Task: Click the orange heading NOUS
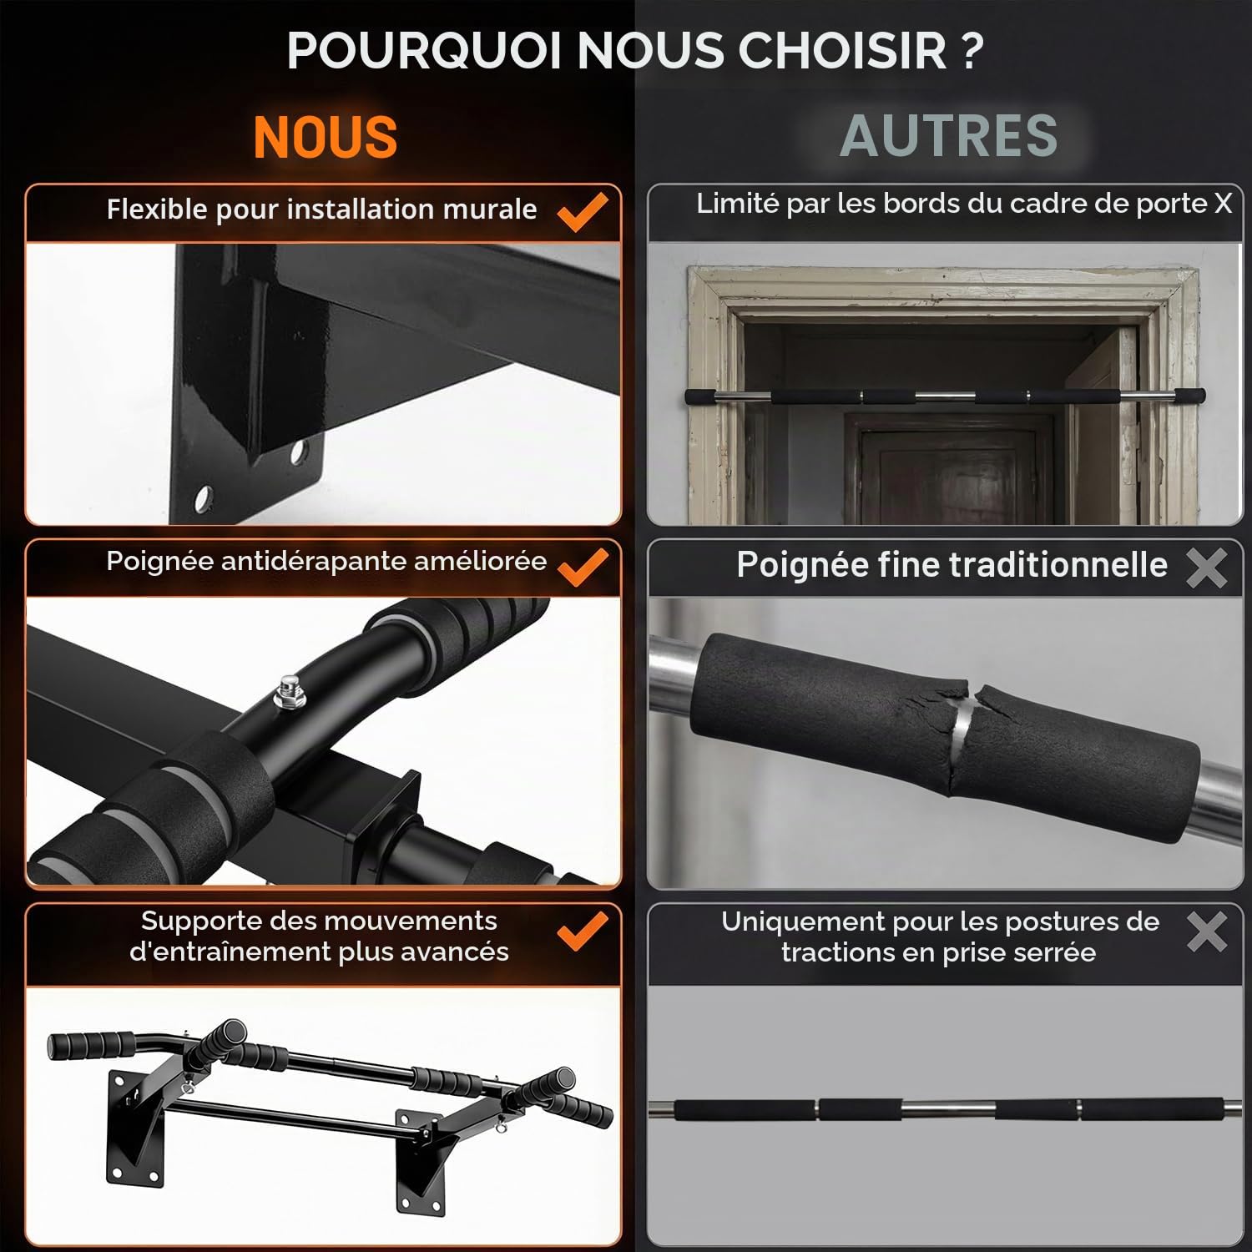[326, 137]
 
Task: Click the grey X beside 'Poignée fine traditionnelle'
[1206, 568]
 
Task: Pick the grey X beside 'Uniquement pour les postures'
[1206, 931]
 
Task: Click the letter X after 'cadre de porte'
[1224, 204]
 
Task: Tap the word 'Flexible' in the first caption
[157, 209]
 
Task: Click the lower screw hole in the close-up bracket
[202, 500]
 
